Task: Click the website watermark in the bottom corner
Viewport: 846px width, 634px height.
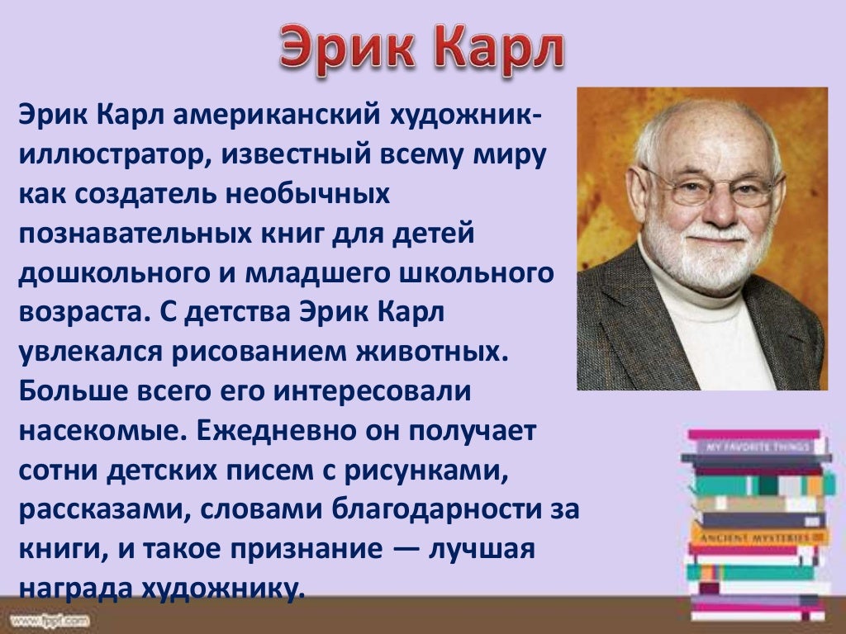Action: (x=50, y=619)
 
